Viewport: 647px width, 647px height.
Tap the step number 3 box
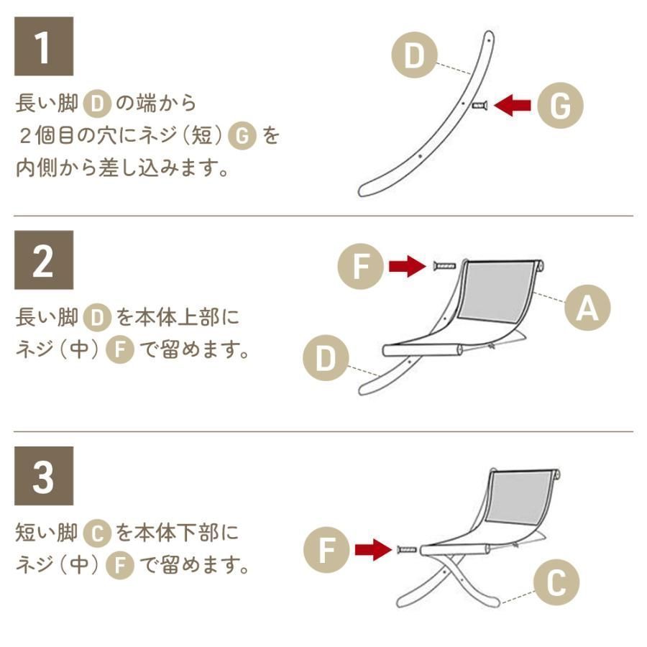point(44,475)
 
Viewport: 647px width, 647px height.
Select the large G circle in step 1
point(560,106)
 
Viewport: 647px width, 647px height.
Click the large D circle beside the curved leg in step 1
point(414,55)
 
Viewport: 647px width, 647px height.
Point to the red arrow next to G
point(513,106)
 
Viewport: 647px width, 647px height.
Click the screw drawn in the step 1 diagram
point(479,106)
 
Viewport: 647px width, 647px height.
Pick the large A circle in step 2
point(587,308)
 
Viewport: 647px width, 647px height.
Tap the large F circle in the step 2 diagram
point(362,267)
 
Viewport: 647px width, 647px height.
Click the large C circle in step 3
point(556,584)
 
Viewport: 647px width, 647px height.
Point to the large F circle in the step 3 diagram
point(327,551)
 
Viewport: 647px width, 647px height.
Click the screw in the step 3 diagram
point(407,551)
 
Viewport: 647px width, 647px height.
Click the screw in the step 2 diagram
point(444,267)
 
